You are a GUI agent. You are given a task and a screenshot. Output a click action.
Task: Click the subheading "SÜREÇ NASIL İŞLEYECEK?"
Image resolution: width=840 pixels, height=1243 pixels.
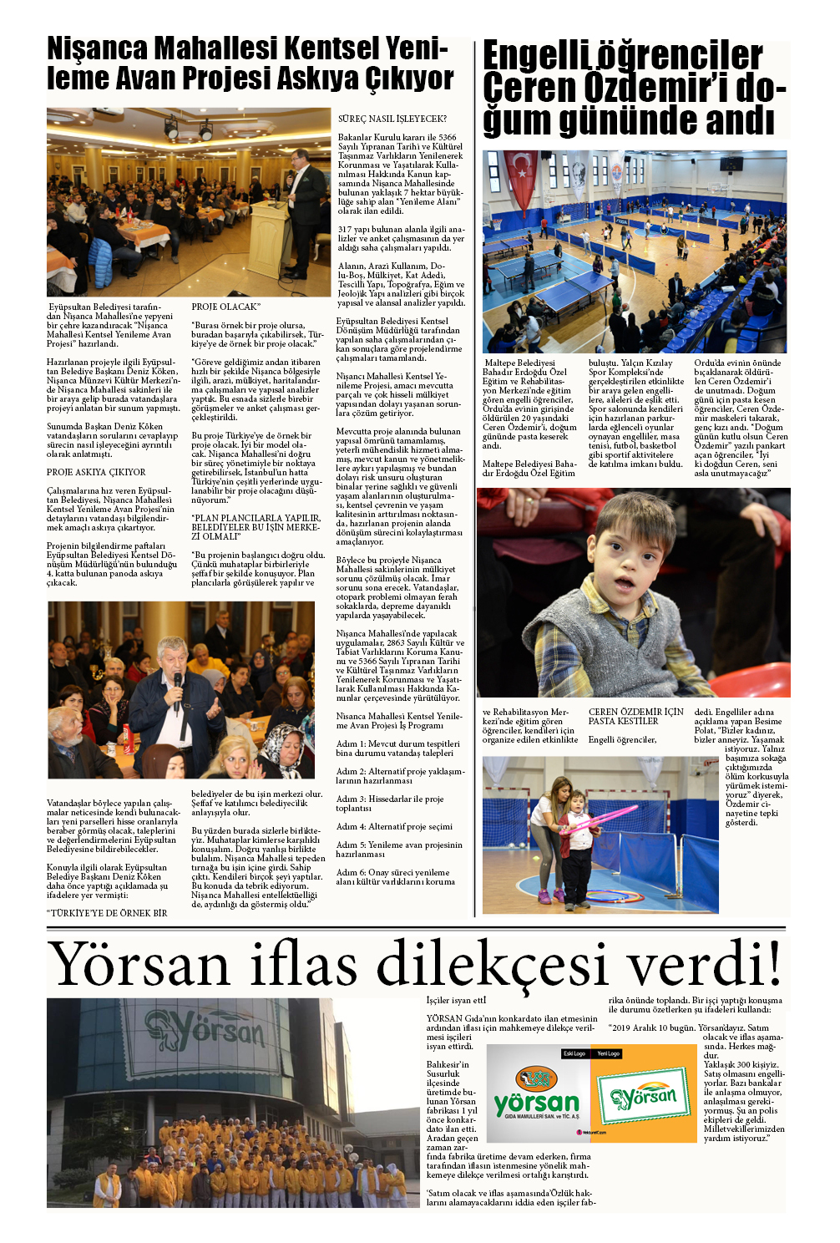pos(392,119)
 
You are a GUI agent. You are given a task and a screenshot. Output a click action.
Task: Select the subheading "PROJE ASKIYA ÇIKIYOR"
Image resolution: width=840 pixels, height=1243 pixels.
pos(96,472)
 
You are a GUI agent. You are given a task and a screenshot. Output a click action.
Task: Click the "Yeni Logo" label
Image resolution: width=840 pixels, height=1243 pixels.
pos(608,1053)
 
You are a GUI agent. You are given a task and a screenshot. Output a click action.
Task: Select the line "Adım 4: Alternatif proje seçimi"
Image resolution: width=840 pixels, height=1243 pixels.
pos(394,826)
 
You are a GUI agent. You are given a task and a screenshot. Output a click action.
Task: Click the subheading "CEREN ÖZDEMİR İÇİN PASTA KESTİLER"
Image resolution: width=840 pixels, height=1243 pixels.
pos(635,717)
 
